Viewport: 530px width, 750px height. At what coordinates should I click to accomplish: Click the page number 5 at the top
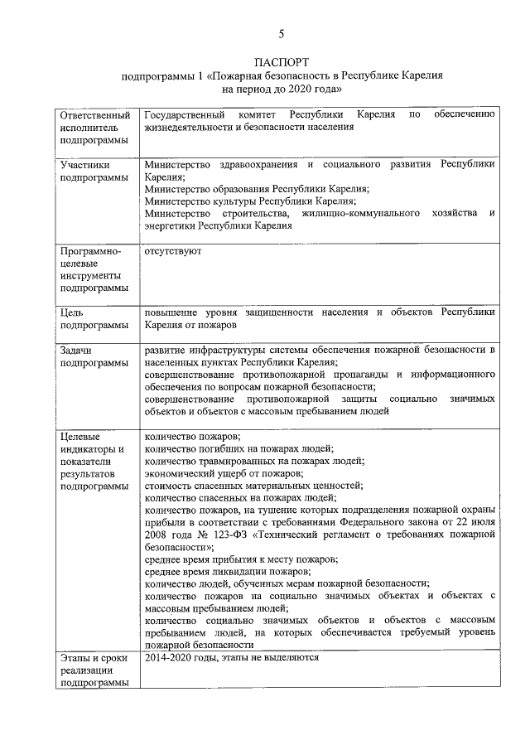click(281, 34)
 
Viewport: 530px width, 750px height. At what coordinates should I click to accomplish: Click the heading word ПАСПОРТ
click(281, 62)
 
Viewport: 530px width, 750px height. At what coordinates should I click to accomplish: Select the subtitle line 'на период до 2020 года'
click(281, 88)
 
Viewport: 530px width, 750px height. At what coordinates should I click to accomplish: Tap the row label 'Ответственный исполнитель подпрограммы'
click(94, 128)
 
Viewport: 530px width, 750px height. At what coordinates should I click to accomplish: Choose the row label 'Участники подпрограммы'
click(94, 171)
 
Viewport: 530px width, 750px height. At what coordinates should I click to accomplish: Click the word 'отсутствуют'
click(172, 250)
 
